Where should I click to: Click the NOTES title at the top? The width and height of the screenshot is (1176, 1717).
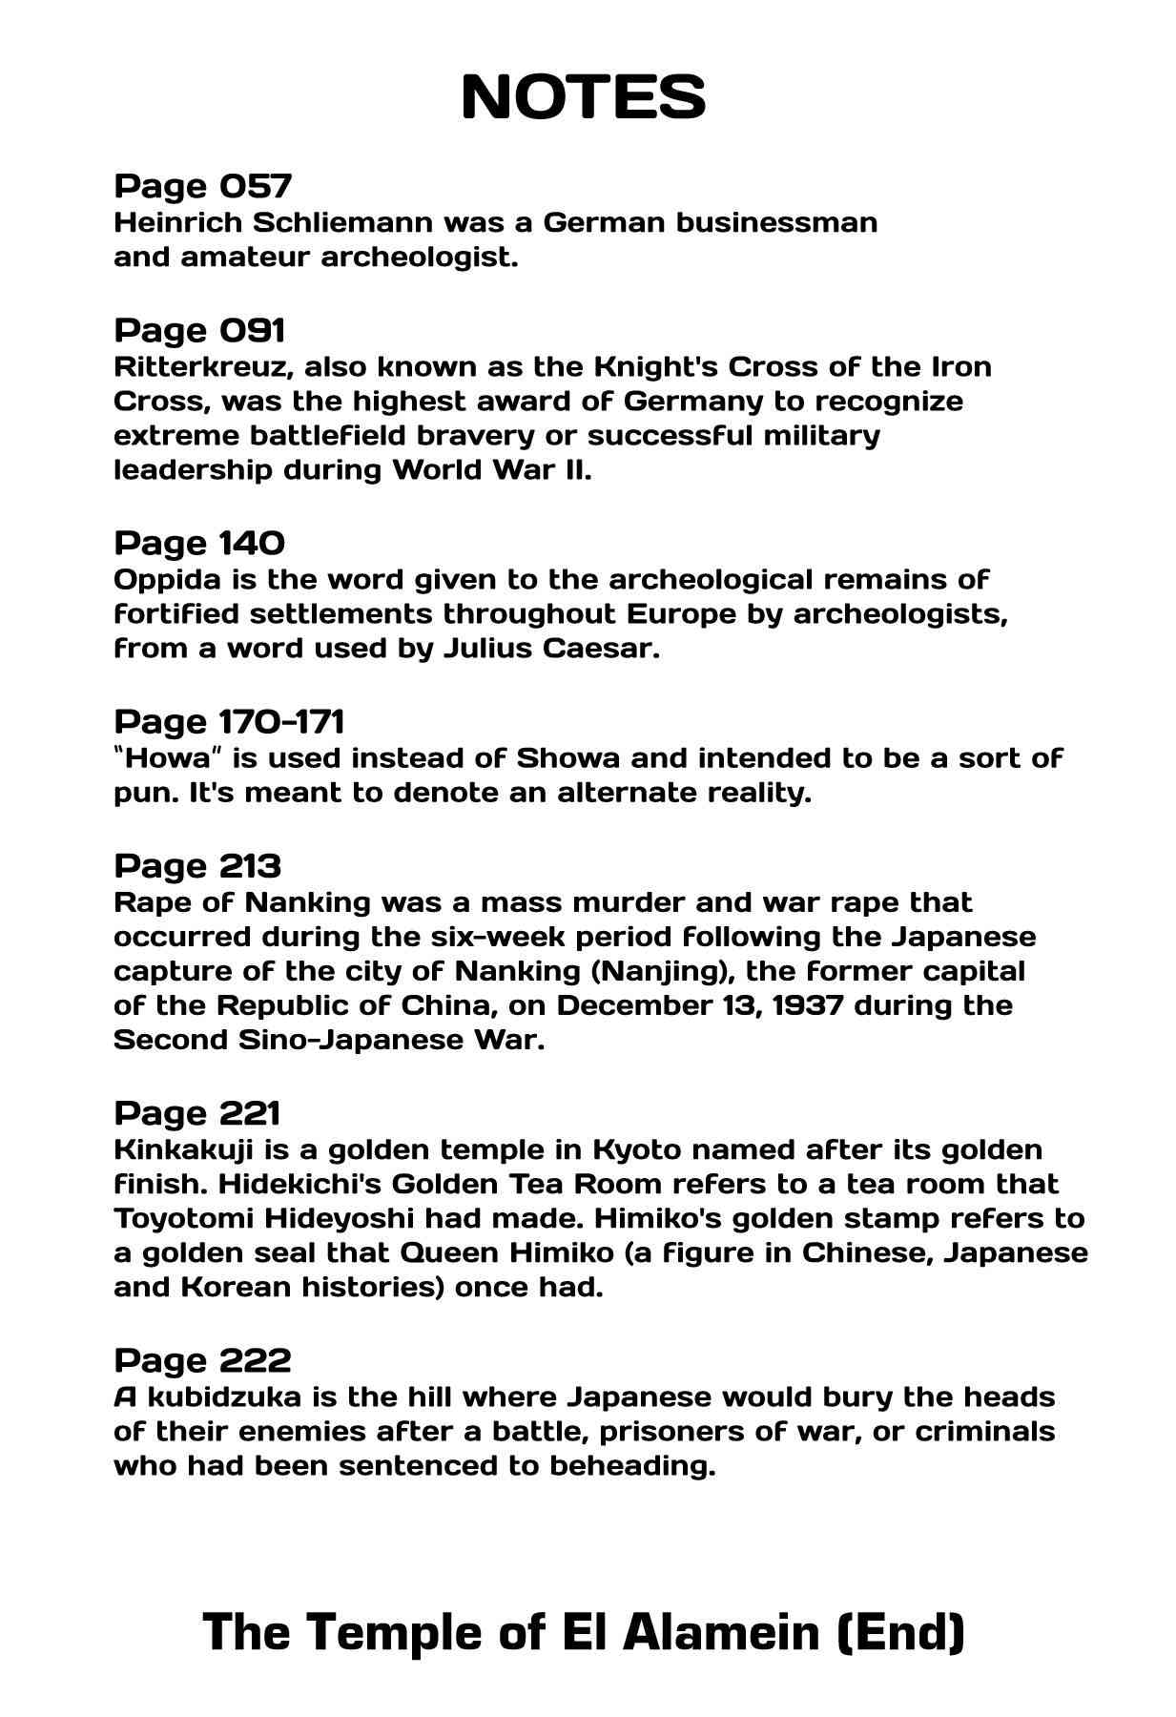(x=583, y=96)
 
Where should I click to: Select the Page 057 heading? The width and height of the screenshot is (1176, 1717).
(x=202, y=185)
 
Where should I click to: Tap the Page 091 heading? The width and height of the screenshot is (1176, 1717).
(x=199, y=330)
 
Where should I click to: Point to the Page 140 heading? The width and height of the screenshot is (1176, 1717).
(x=199, y=543)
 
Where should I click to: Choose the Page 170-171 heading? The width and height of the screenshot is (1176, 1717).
(x=229, y=721)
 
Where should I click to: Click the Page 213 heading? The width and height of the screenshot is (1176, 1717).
(x=197, y=866)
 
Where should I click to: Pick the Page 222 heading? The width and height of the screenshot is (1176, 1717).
(x=202, y=1360)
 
